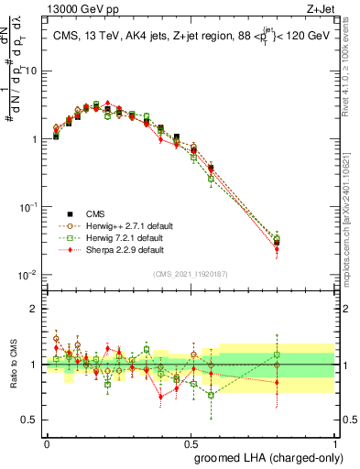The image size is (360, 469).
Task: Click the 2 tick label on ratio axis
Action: [x=35, y=309]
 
